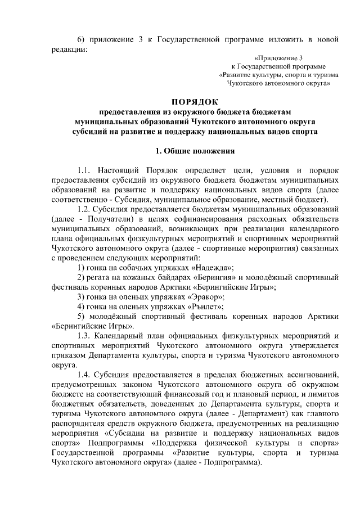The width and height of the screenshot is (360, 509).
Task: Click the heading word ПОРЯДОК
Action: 194,102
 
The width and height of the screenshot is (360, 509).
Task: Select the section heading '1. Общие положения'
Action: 194,151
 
